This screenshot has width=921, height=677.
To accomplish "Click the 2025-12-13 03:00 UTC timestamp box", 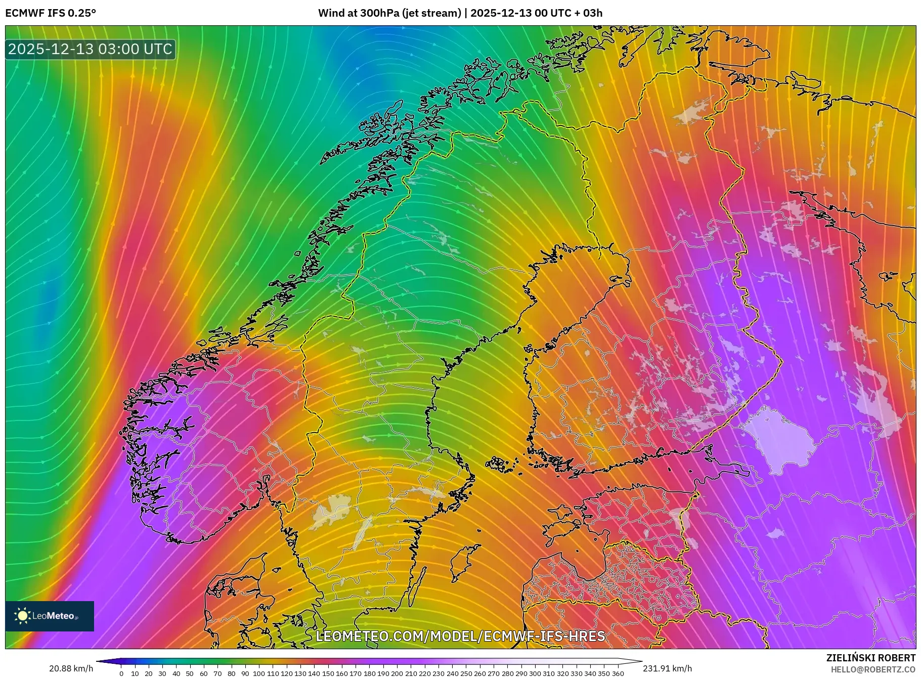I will (x=90, y=49).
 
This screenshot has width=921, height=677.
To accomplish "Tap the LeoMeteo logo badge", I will (x=50, y=616).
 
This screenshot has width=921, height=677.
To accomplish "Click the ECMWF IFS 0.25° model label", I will (x=51, y=13).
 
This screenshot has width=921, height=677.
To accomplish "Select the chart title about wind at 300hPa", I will (x=460, y=13).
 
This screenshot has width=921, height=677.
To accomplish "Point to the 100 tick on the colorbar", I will (x=259, y=673).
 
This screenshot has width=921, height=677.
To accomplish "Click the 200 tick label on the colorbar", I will (x=397, y=673).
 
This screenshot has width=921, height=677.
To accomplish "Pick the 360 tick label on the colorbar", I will (x=618, y=673).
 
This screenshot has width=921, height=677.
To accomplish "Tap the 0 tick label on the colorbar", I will (x=121, y=673).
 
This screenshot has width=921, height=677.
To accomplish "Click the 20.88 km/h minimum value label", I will (x=71, y=668).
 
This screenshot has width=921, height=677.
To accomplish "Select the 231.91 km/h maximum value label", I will (x=667, y=668).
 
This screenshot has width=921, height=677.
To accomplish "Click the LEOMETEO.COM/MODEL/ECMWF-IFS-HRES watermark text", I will (x=460, y=636).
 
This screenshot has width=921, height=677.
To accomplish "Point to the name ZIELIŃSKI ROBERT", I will (x=870, y=658).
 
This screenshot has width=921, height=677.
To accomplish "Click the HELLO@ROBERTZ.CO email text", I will (x=873, y=669).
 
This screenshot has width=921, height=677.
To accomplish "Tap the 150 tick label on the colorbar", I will (x=328, y=673).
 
